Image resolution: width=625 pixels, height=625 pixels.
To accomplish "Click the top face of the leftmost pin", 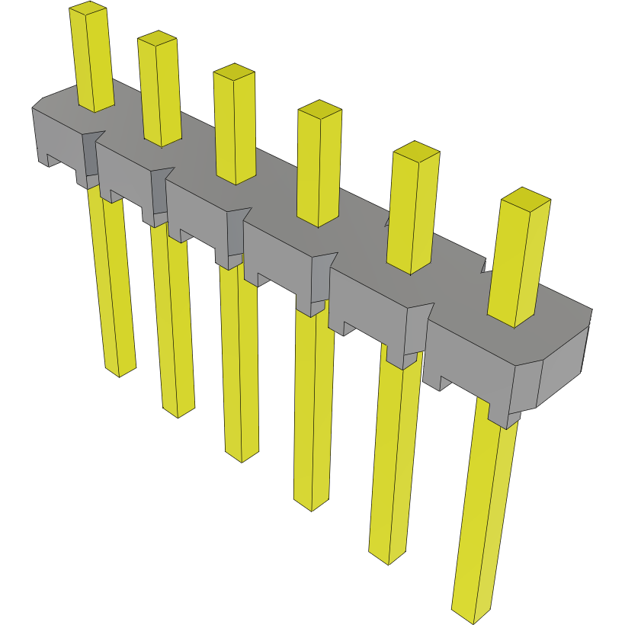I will [x=87, y=9].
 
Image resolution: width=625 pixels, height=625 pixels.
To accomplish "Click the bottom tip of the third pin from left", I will [x=242, y=454].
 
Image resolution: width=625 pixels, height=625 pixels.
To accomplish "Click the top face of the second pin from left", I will [x=158, y=38].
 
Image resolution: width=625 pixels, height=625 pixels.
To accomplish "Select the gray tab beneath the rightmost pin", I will [x=503, y=415].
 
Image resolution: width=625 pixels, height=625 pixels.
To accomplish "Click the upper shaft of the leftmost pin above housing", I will [x=94, y=61].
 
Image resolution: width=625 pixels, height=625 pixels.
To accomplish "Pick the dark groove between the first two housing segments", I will [x=90, y=156].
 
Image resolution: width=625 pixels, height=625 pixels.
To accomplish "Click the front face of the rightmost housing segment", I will [x=469, y=358].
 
